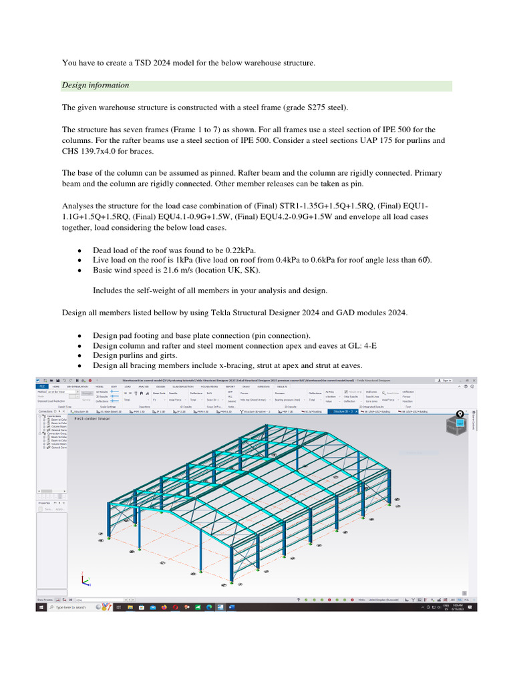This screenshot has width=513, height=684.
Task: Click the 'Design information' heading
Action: click(96, 85)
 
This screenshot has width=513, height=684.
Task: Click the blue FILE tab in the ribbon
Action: click(41, 386)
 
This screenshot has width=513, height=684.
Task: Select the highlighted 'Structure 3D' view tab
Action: click(343, 412)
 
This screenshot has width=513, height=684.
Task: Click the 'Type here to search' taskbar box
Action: click(70, 607)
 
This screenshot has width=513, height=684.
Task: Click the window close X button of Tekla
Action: click(474, 379)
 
